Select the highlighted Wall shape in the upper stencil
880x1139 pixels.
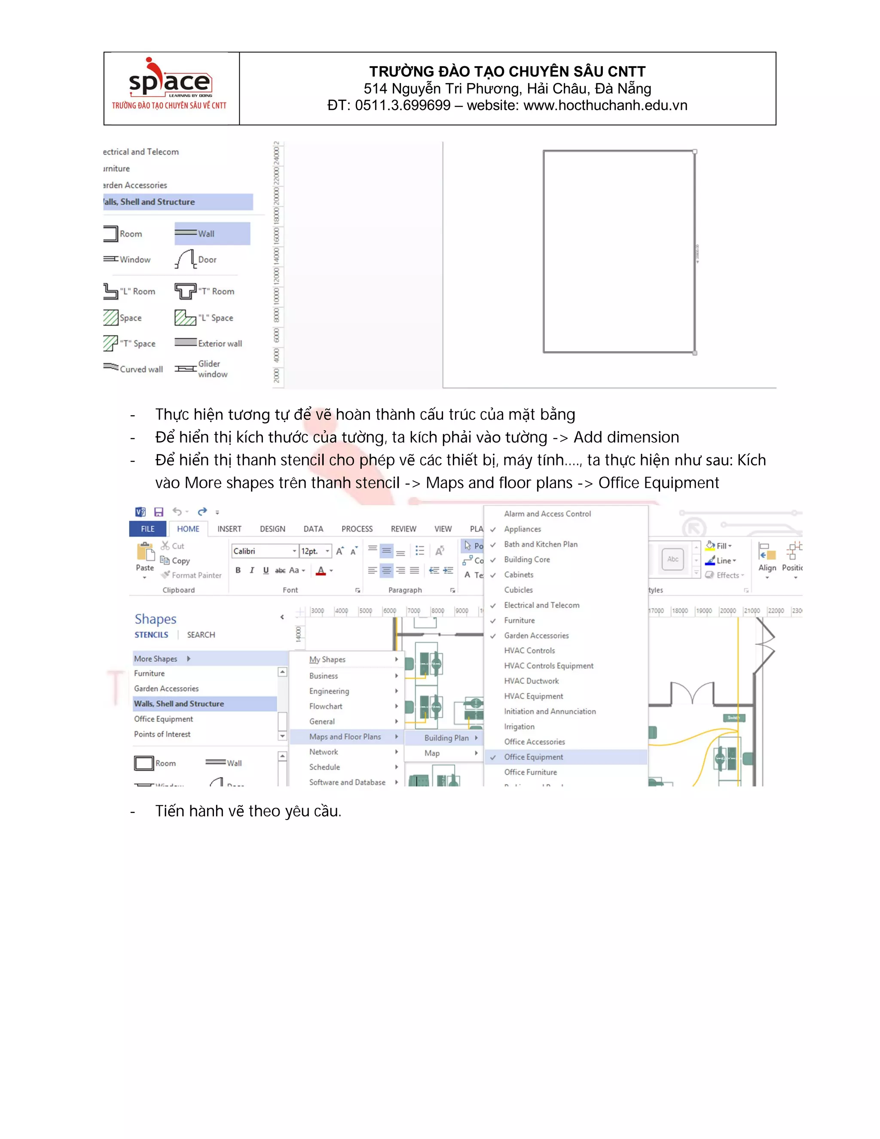point(212,234)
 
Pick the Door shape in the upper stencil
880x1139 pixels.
point(196,259)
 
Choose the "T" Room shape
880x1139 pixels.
point(205,291)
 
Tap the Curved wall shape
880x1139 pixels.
point(134,369)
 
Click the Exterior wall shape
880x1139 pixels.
point(208,343)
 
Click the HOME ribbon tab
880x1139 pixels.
point(188,529)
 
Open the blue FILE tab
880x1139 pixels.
point(147,529)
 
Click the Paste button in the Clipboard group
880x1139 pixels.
point(145,557)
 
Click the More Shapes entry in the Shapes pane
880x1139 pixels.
point(156,658)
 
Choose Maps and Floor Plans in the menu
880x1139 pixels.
point(345,736)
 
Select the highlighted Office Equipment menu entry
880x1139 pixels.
point(533,757)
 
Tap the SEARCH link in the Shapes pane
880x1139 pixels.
point(201,635)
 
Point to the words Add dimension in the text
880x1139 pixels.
point(626,437)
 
